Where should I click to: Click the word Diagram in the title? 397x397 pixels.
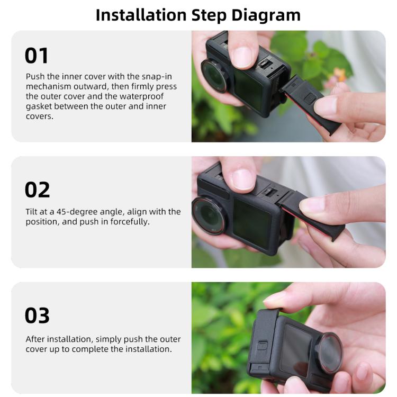point(267,14)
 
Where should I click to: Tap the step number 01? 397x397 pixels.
point(37,56)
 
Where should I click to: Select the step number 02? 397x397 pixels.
point(38,190)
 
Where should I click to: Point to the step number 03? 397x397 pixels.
point(38,315)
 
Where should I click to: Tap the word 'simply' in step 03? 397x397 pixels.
point(96,339)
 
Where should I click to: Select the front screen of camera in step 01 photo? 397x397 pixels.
point(248,88)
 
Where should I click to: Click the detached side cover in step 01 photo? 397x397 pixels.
point(304,101)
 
